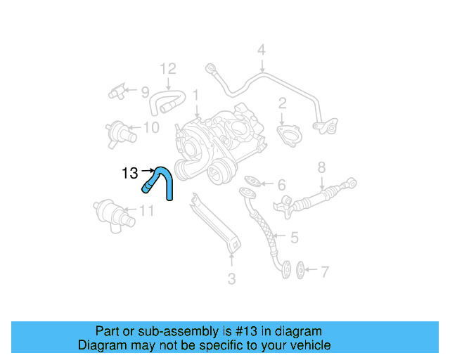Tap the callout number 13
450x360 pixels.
click(130, 172)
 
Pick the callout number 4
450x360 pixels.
click(261, 51)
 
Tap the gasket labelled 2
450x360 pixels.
click(288, 134)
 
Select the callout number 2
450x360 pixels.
click(282, 104)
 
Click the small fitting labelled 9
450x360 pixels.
click(116, 91)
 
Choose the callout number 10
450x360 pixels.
click(151, 127)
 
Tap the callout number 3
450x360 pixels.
click(231, 279)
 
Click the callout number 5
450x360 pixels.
click(294, 238)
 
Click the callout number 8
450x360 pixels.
click(321, 167)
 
